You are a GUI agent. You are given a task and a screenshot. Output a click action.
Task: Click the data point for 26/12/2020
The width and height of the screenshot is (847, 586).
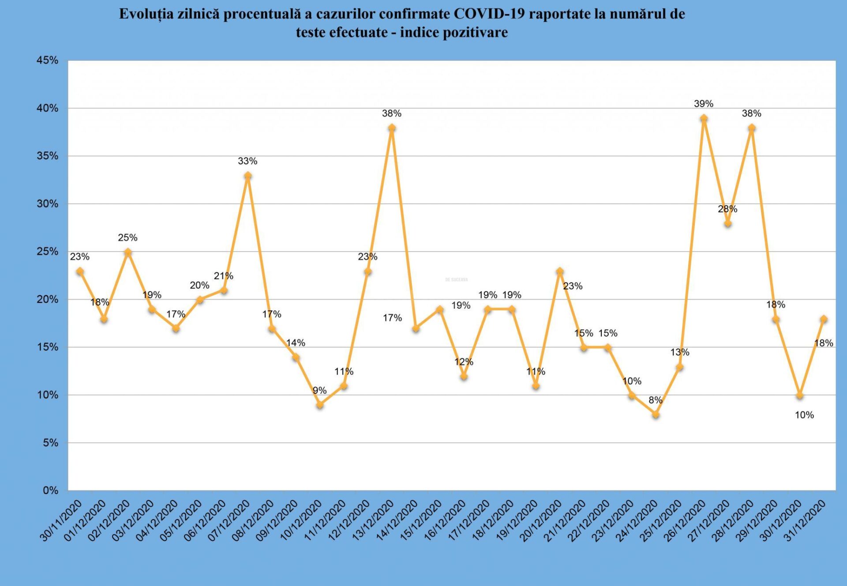point(704,118)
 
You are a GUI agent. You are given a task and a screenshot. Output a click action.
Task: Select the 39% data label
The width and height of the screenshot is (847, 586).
point(703,104)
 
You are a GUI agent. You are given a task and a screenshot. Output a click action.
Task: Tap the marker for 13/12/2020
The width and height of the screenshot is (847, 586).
point(392,128)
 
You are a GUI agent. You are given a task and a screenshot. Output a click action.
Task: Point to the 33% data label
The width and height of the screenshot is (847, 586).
point(247,161)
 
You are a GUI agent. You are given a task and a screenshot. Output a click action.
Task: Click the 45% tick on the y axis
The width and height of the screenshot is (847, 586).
point(47,60)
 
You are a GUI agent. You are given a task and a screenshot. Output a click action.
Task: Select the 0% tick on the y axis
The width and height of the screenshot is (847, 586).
point(50,490)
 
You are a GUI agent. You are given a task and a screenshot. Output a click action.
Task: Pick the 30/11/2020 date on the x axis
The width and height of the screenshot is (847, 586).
point(61,521)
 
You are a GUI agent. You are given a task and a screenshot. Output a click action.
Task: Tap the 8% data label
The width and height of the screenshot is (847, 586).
point(655,400)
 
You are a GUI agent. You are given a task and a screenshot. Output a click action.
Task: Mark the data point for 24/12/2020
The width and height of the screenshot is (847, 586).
point(656,415)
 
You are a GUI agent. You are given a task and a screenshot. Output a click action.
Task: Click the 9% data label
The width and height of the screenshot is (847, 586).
point(319,391)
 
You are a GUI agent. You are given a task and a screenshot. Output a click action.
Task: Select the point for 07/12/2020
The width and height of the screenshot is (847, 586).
point(248,176)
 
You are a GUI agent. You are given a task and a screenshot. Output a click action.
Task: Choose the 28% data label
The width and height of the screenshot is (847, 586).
point(727,209)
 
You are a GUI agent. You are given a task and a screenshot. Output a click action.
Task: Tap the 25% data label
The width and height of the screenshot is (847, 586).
point(127,238)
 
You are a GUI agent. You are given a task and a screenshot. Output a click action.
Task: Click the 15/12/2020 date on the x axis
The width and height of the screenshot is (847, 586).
point(421,521)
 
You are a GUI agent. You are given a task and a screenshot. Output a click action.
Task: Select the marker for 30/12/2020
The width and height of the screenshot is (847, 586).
point(799,396)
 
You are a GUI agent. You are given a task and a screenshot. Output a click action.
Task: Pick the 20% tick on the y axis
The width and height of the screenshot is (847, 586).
point(47,299)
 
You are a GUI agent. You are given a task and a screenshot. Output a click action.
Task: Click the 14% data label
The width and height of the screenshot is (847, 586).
point(296,343)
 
